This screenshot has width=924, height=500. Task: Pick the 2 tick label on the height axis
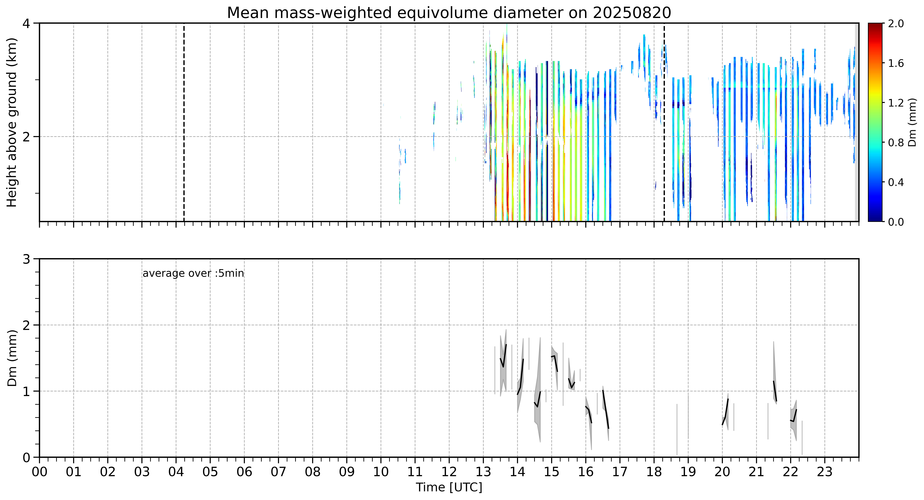pos(26,137)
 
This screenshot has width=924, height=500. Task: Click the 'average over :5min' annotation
pos(193,274)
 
